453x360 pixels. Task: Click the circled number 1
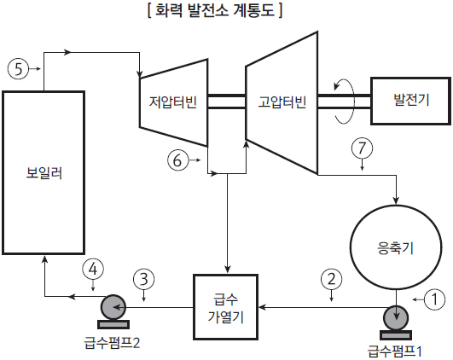coord(434,299)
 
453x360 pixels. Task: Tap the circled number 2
coord(331,279)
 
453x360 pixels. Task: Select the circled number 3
coord(144,280)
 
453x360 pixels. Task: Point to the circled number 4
coord(93,270)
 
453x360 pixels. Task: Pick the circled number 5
coord(18,69)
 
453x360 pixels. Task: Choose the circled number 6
coord(177,160)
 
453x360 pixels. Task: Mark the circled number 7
coord(362,148)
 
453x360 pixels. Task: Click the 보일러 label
coord(44,173)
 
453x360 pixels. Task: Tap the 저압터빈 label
coord(173,102)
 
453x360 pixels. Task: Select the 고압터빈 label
coord(282,102)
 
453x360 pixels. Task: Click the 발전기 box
coord(410,101)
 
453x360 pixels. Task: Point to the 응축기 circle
coord(396,247)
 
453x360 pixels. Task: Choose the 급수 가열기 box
coord(225,307)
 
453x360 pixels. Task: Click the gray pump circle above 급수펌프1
coord(396,317)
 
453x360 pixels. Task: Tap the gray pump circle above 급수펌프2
coord(113,307)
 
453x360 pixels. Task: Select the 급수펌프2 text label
coord(112,343)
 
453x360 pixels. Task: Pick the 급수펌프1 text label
coord(395,351)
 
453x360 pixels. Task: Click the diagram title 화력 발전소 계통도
coord(215,11)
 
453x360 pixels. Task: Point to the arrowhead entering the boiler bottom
coord(44,258)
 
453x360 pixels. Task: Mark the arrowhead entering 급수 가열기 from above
coord(228,270)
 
